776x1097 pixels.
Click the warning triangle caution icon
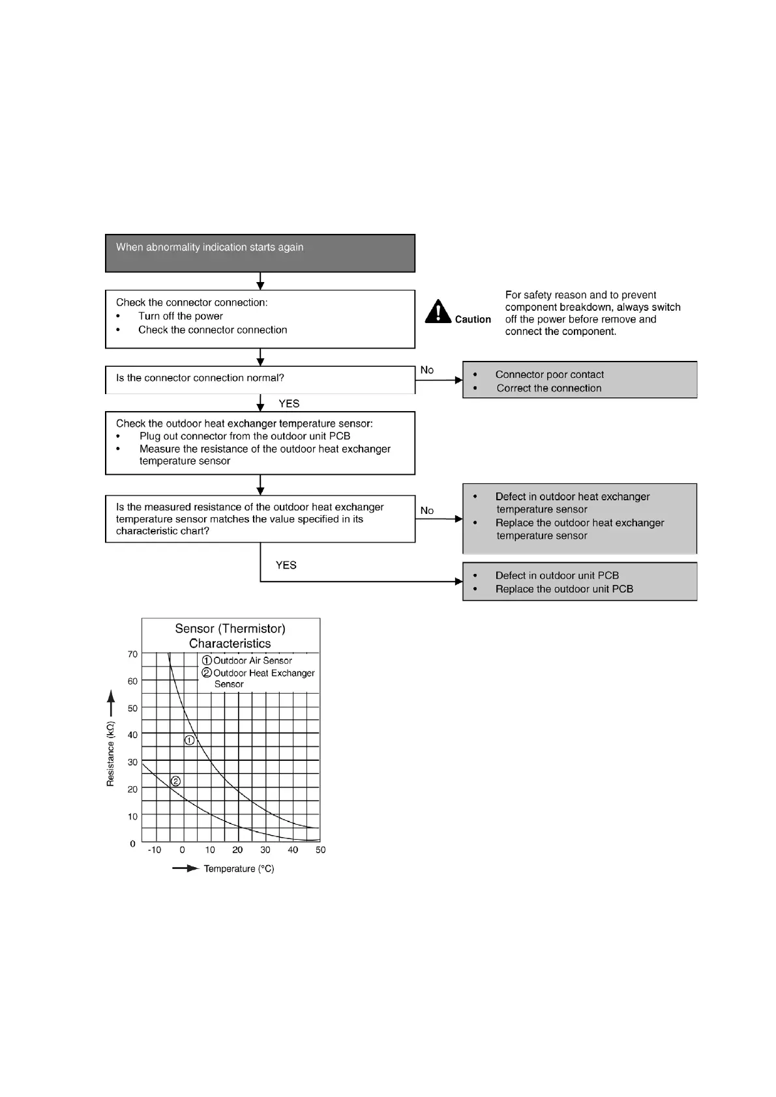pos(438,311)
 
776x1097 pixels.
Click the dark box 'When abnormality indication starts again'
pos(260,253)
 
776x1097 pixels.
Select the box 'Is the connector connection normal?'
pos(260,378)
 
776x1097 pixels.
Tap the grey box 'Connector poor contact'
pos(579,380)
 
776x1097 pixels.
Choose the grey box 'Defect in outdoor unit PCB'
pos(579,582)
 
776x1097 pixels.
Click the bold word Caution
pos(473,319)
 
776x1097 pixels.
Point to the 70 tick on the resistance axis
pos(133,654)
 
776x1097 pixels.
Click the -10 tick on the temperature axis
pos(155,850)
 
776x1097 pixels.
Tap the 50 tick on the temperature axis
pos(320,850)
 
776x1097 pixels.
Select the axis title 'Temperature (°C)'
pos(239,869)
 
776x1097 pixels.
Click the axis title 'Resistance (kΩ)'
pos(110,754)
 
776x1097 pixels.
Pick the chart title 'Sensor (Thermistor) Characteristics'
pos(230,636)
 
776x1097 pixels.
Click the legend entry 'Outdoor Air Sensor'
pos(252,661)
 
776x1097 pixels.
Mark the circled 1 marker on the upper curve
pos(190,740)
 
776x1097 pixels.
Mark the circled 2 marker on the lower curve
pos(175,781)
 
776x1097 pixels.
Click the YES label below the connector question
pos(289,404)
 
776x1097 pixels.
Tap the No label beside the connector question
pos(427,370)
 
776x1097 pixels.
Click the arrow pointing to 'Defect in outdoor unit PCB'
pos(458,581)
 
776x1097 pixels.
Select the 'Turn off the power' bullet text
pos(181,316)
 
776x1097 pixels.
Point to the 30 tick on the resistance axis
pos(133,762)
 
